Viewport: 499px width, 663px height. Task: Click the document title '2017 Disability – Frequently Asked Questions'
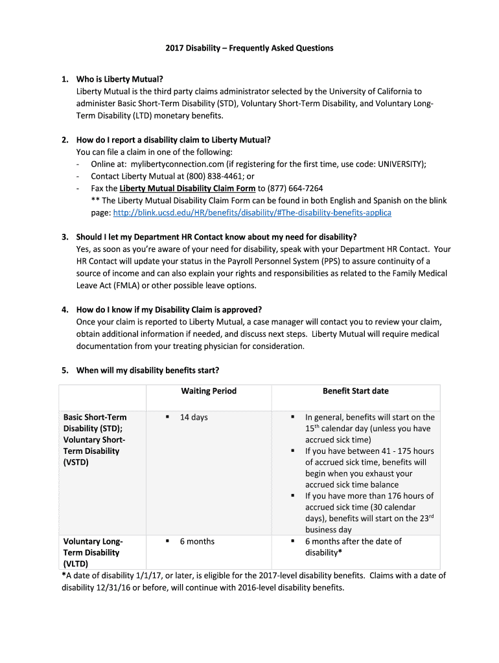coord(249,48)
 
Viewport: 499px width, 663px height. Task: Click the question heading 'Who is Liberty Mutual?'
coord(120,80)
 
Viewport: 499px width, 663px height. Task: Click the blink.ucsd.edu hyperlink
coord(252,212)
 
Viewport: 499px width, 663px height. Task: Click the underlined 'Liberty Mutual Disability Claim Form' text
coord(187,188)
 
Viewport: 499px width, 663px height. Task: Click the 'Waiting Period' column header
coord(209,391)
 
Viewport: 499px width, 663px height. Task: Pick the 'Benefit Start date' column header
coord(356,391)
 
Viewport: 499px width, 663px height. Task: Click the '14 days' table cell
coord(194,418)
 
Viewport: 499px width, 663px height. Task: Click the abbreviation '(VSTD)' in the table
coord(76,462)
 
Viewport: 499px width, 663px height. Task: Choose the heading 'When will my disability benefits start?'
coord(148,370)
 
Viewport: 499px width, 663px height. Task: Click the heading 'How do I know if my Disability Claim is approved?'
coord(169,309)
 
